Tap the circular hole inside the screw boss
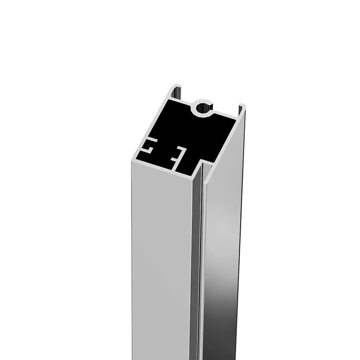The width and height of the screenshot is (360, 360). click(x=203, y=108)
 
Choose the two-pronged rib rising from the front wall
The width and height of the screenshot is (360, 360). click(x=177, y=154)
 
